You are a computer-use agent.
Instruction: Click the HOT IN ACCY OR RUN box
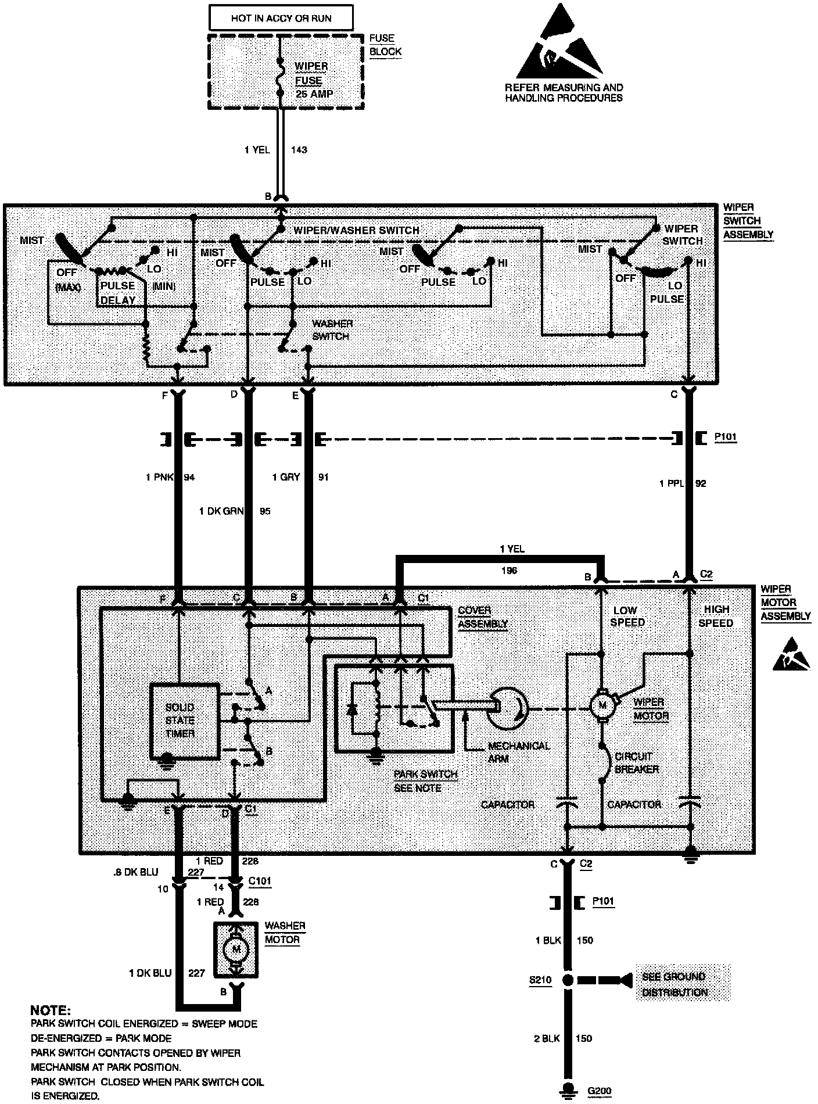click(281, 19)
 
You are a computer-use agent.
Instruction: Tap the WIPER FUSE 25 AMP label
click(312, 80)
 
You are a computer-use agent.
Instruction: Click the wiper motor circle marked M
click(601, 705)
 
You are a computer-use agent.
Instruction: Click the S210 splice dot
click(568, 980)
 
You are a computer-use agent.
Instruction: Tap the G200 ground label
click(600, 1091)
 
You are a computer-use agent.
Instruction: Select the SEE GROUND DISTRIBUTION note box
click(681, 984)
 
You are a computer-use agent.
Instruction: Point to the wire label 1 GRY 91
click(300, 477)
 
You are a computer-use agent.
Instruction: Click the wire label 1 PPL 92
click(683, 483)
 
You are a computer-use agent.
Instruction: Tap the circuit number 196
click(509, 571)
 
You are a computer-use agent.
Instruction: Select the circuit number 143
click(299, 149)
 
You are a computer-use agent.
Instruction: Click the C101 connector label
click(259, 881)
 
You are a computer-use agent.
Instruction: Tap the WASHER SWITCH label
click(331, 329)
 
